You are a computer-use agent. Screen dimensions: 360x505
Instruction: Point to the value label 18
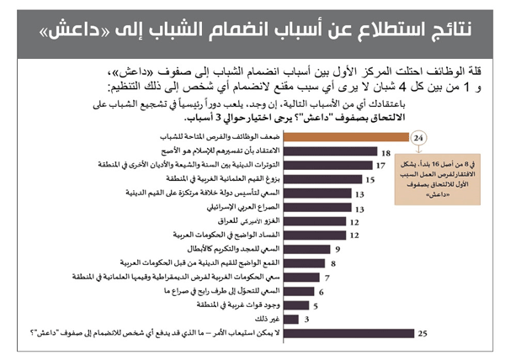point(385,151)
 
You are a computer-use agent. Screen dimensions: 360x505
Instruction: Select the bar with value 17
point(320,165)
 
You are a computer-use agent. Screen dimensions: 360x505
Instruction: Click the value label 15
point(369,179)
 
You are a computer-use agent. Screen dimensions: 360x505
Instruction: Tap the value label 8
point(333,262)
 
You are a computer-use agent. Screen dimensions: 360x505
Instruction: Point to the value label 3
point(306,318)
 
